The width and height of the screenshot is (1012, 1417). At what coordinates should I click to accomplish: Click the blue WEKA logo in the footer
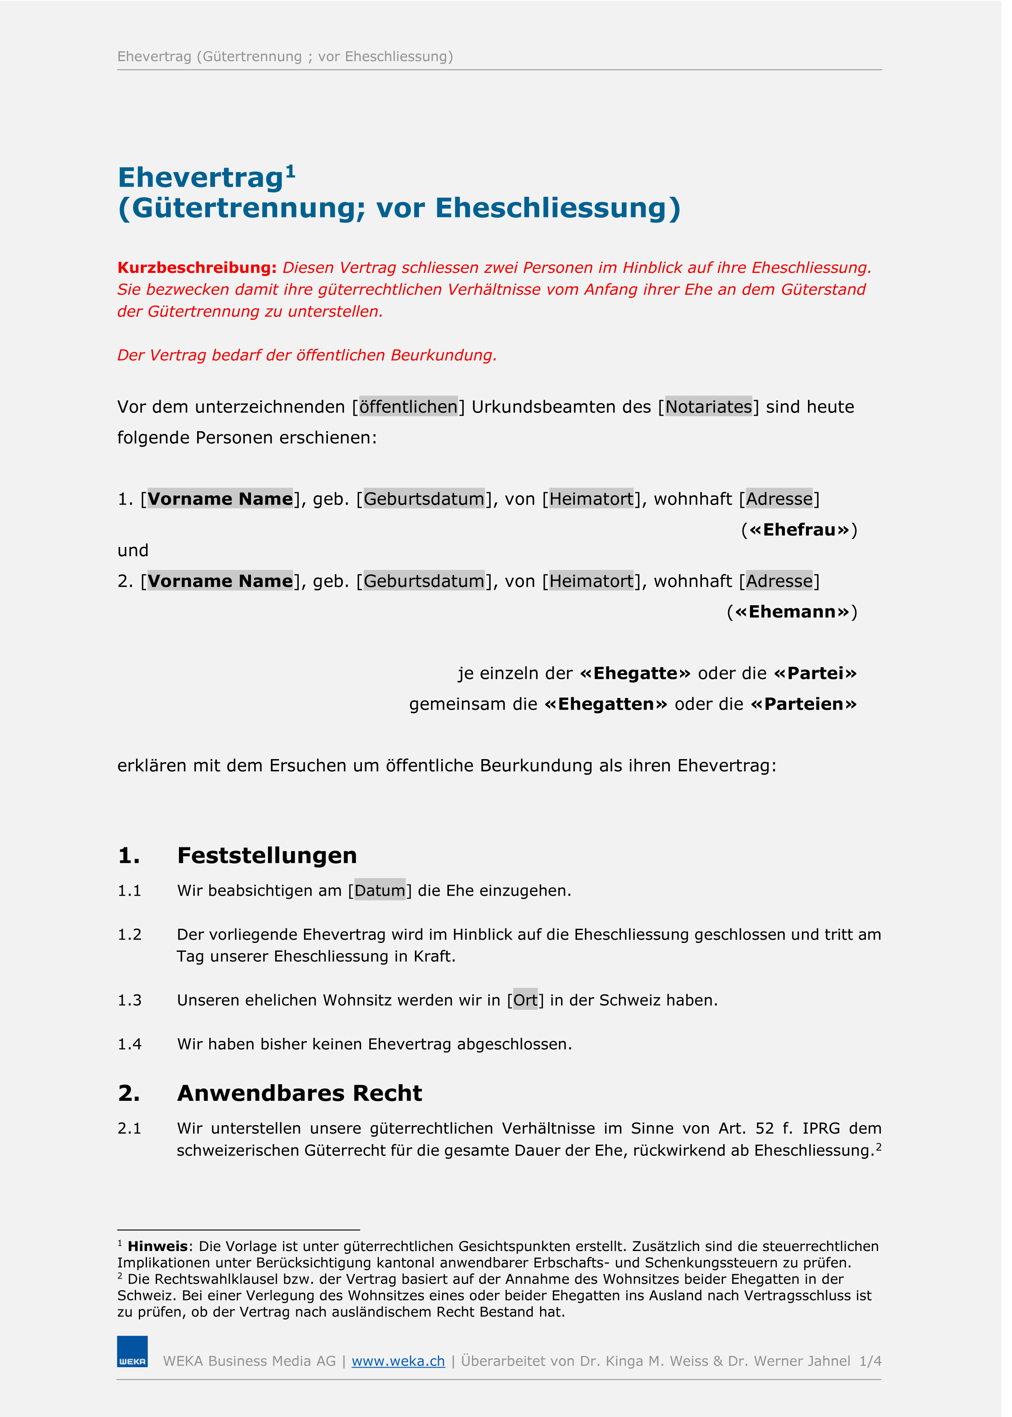click(132, 1351)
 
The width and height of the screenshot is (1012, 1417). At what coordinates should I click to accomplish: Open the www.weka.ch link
click(398, 1361)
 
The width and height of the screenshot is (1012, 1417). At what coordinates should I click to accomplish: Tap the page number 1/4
click(870, 1361)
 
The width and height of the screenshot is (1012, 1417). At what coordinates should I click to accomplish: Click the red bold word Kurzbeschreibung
click(197, 267)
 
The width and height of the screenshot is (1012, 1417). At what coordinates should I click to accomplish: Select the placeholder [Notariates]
click(708, 407)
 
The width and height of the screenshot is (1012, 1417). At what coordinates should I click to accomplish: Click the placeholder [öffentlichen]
click(408, 407)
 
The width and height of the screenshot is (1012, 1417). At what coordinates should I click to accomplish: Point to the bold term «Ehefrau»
click(799, 530)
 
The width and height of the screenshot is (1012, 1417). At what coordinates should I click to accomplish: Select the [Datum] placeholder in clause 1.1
click(380, 890)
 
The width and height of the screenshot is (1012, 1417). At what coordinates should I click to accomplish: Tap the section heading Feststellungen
click(267, 855)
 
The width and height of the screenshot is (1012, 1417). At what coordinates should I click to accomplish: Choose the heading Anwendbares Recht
click(299, 1094)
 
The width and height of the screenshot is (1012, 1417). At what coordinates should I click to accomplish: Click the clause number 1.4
click(130, 1045)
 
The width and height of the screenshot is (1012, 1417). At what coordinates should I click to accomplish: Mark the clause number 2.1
click(130, 1128)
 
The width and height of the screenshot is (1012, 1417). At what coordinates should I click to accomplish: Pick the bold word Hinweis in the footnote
click(157, 1246)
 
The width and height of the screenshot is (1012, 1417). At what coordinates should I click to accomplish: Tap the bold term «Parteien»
click(804, 704)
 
